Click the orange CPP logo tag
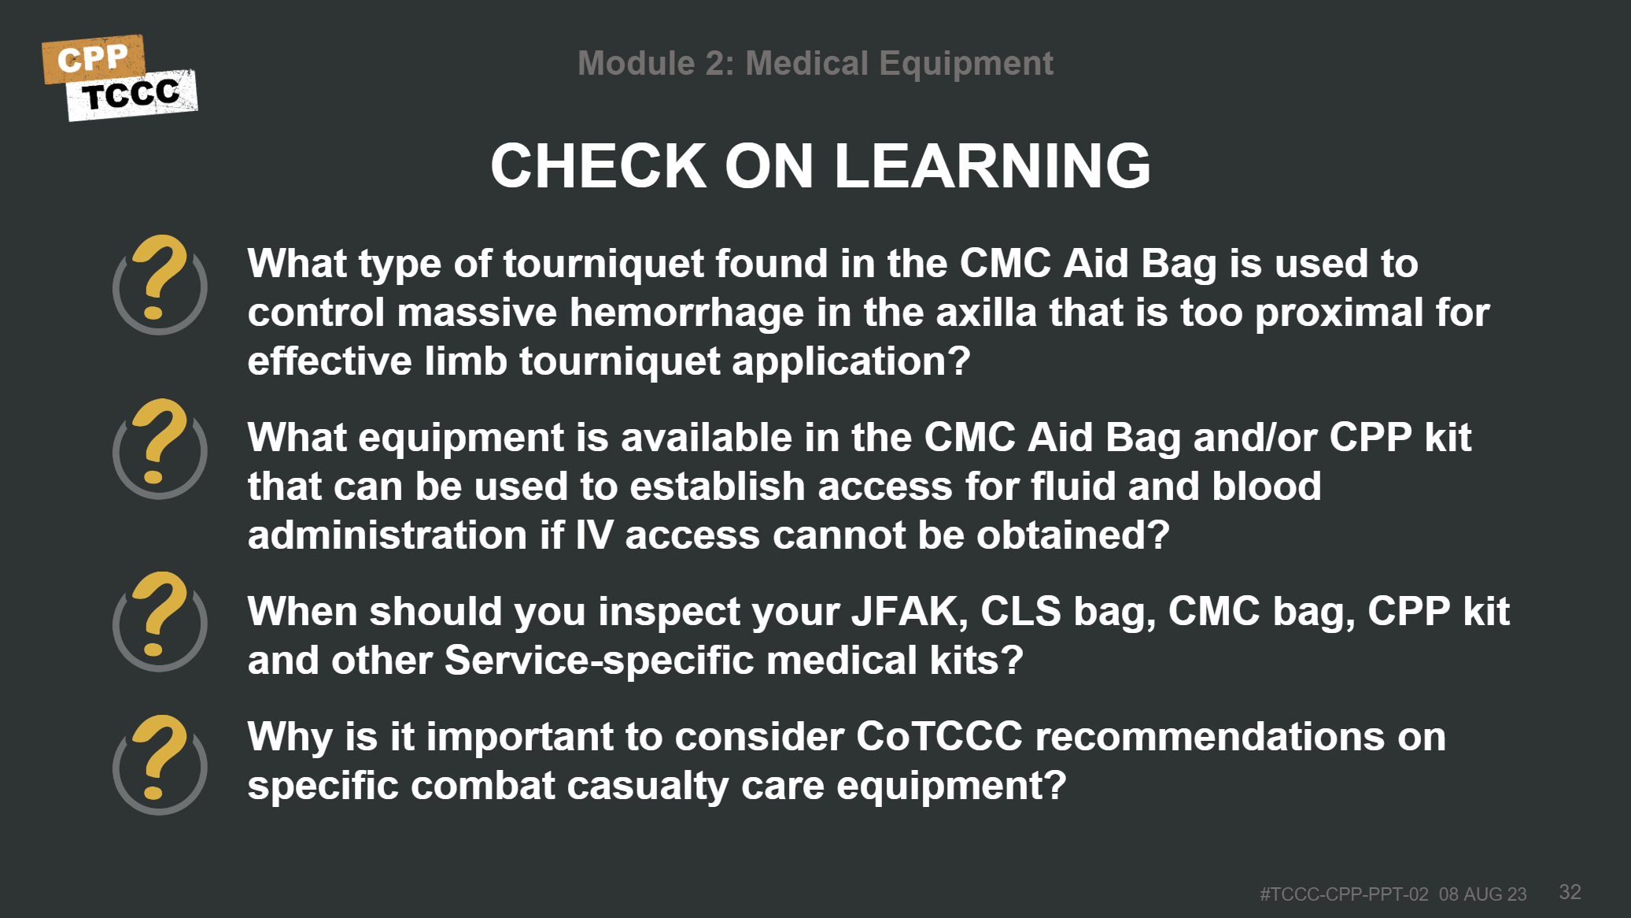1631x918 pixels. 94,58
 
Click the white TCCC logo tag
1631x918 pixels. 132,95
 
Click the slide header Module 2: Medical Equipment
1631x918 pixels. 815,63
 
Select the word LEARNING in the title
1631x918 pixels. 992,166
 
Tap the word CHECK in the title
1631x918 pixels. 598,166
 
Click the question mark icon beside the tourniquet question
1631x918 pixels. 160,284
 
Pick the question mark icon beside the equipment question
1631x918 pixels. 160,449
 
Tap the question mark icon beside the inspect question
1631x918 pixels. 160,621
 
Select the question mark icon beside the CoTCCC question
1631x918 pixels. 160,764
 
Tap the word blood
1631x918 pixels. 1266,487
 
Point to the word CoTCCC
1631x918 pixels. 939,737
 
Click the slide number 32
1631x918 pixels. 1570,891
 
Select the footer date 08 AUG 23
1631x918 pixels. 1482,894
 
